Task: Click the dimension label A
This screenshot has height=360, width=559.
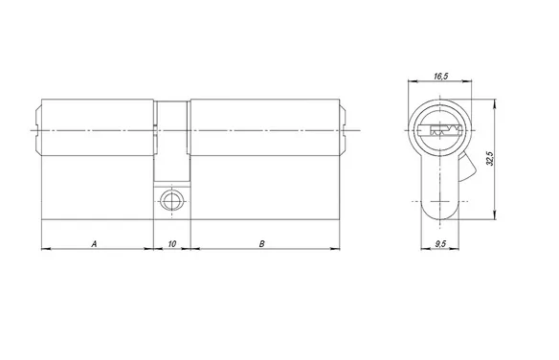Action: [x=94, y=244]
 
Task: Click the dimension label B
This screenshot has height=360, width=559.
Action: [x=262, y=244]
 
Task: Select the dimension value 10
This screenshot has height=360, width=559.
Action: [x=172, y=244]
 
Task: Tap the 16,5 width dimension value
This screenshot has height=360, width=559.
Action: [x=441, y=76]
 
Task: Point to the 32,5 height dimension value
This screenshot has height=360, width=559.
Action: [x=490, y=158]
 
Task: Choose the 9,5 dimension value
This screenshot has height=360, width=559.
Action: [x=440, y=244]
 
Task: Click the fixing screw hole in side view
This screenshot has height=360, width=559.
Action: [x=172, y=200]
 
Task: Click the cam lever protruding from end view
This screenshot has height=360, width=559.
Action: [x=467, y=167]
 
